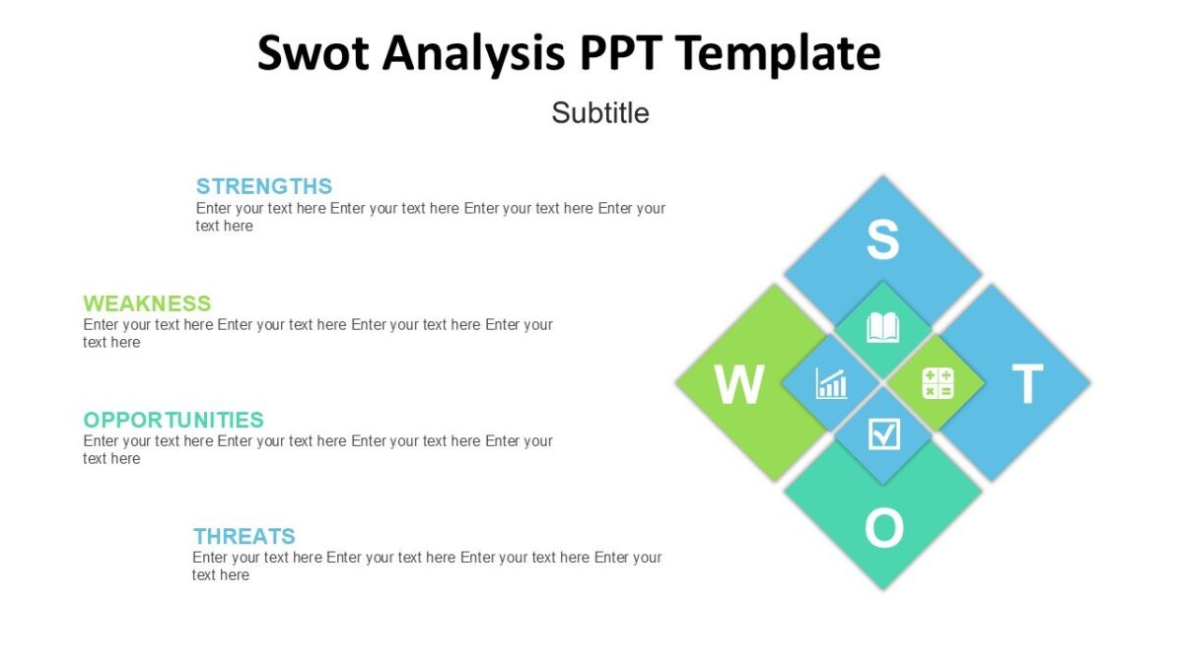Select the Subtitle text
(599, 112)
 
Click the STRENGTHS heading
(264, 186)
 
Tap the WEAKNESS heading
(147, 303)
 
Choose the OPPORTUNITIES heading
(174, 420)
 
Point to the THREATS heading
(244, 536)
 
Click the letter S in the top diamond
(882, 239)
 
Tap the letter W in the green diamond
(738, 384)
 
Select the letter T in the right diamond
(1027, 384)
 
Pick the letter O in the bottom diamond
(883, 530)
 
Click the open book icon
(882, 328)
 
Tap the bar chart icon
(831, 384)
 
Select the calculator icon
(937, 383)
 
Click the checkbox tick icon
(883, 433)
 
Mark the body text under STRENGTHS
(430, 217)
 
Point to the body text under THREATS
(426, 565)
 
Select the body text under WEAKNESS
(317, 333)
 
